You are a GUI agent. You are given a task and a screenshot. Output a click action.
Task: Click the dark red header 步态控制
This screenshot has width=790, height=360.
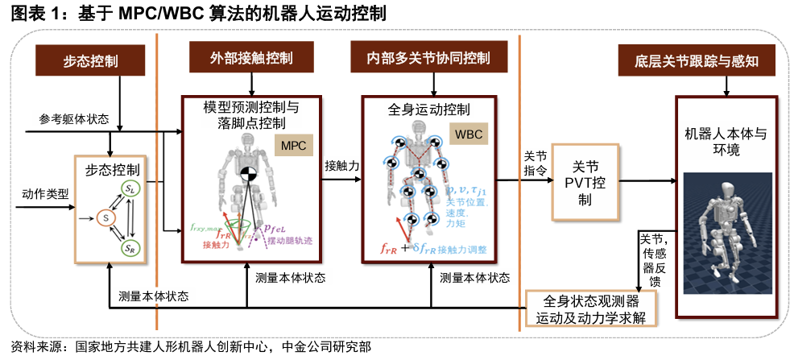coord(89,61)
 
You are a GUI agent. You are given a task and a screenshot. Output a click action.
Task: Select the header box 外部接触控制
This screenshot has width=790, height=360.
coord(251,59)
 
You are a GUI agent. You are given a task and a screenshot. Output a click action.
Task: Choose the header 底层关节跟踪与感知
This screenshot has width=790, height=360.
coord(698,61)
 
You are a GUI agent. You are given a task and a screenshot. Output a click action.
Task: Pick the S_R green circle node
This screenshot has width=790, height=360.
coord(130,248)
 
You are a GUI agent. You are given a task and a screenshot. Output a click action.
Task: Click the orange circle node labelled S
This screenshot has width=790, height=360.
coord(104,217)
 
